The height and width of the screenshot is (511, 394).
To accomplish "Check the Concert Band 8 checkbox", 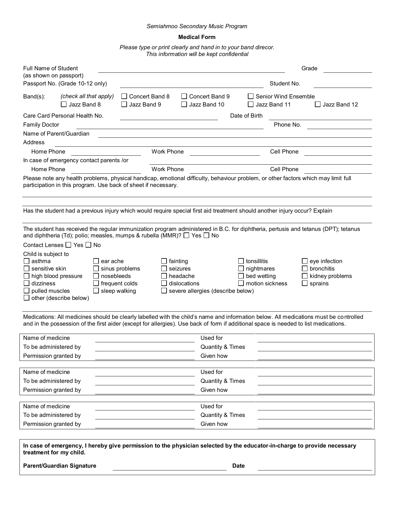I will (124, 97).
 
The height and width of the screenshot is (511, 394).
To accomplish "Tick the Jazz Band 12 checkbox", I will (318, 104).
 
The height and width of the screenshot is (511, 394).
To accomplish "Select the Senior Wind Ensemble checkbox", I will (251, 97).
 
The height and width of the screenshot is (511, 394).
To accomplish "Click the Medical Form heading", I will (197, 37).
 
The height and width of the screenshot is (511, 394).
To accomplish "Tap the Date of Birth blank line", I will (320, 117).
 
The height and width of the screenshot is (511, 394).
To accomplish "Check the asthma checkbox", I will (27, 261).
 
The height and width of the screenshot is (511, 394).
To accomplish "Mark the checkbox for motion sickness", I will (241, 284).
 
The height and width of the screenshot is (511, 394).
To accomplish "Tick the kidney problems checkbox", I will (305, 276).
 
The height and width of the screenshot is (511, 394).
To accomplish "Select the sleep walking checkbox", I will (96, 291).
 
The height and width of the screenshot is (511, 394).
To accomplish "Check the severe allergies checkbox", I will (164, 291).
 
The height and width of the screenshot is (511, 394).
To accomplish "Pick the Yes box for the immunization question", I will (186, 236).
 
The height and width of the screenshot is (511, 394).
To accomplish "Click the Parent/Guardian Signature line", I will (169, 467).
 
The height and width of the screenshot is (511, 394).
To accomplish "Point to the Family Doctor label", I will (41, 125).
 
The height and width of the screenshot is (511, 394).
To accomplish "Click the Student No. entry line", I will (342, 85).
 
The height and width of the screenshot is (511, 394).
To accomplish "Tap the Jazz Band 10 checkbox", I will (184, 104).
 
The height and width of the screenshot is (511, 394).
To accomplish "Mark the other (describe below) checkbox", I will (27, 298).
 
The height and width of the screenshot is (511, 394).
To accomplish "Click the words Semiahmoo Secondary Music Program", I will (197, 26).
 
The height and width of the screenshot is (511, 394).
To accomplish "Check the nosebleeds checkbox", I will (96, 276).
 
